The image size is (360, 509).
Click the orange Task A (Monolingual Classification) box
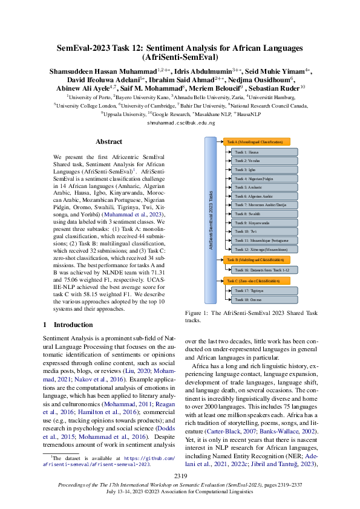coord(257,142)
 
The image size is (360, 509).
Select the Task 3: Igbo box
coord(265,171)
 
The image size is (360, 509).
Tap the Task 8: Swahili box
coord(265,214)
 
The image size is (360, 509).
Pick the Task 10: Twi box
coord(265,232)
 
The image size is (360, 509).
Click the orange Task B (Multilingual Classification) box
coord(257,259)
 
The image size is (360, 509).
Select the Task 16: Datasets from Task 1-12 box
coord(265,270)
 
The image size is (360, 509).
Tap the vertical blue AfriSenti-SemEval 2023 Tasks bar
coord(210,221)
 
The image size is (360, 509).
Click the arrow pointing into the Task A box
coord(220,142)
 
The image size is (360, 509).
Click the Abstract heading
coord(109,142)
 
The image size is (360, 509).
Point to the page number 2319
coord(180,478)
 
